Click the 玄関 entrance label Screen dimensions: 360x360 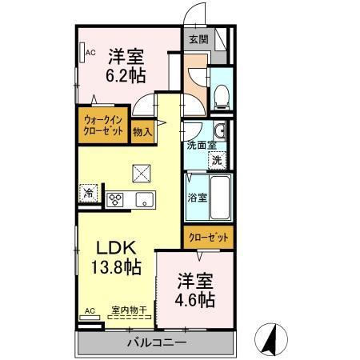point(197,38)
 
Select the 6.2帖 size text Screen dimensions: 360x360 point(126,77)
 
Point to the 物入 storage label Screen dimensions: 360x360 point(143,130)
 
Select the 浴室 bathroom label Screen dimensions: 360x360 point(197,197)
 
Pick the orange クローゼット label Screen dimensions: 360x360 point(208,237)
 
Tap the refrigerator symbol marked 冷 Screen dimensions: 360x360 point(89,193)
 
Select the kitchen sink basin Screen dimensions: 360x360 point(143,198)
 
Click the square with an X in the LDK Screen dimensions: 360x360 point(141,171)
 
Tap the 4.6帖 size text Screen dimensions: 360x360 point(195,299)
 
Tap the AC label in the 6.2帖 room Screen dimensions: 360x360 point(90,53)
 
